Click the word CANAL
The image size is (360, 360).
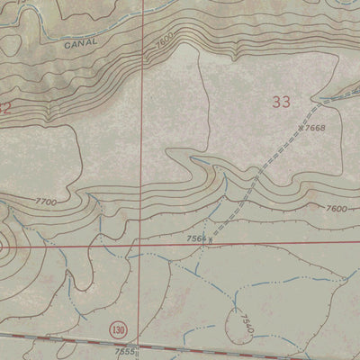[x=80, y=41]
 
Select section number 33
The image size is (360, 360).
[x=280, y=103]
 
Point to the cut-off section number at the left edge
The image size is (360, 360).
[x=4, y=107]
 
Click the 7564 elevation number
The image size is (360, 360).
[x=195, y=238]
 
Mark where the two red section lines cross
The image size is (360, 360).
[x=139, y=243]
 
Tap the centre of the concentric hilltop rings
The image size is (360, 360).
[x=3, y=243]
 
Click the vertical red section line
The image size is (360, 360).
[x=139, y=135]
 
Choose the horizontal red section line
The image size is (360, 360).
[x=252, y=245]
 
